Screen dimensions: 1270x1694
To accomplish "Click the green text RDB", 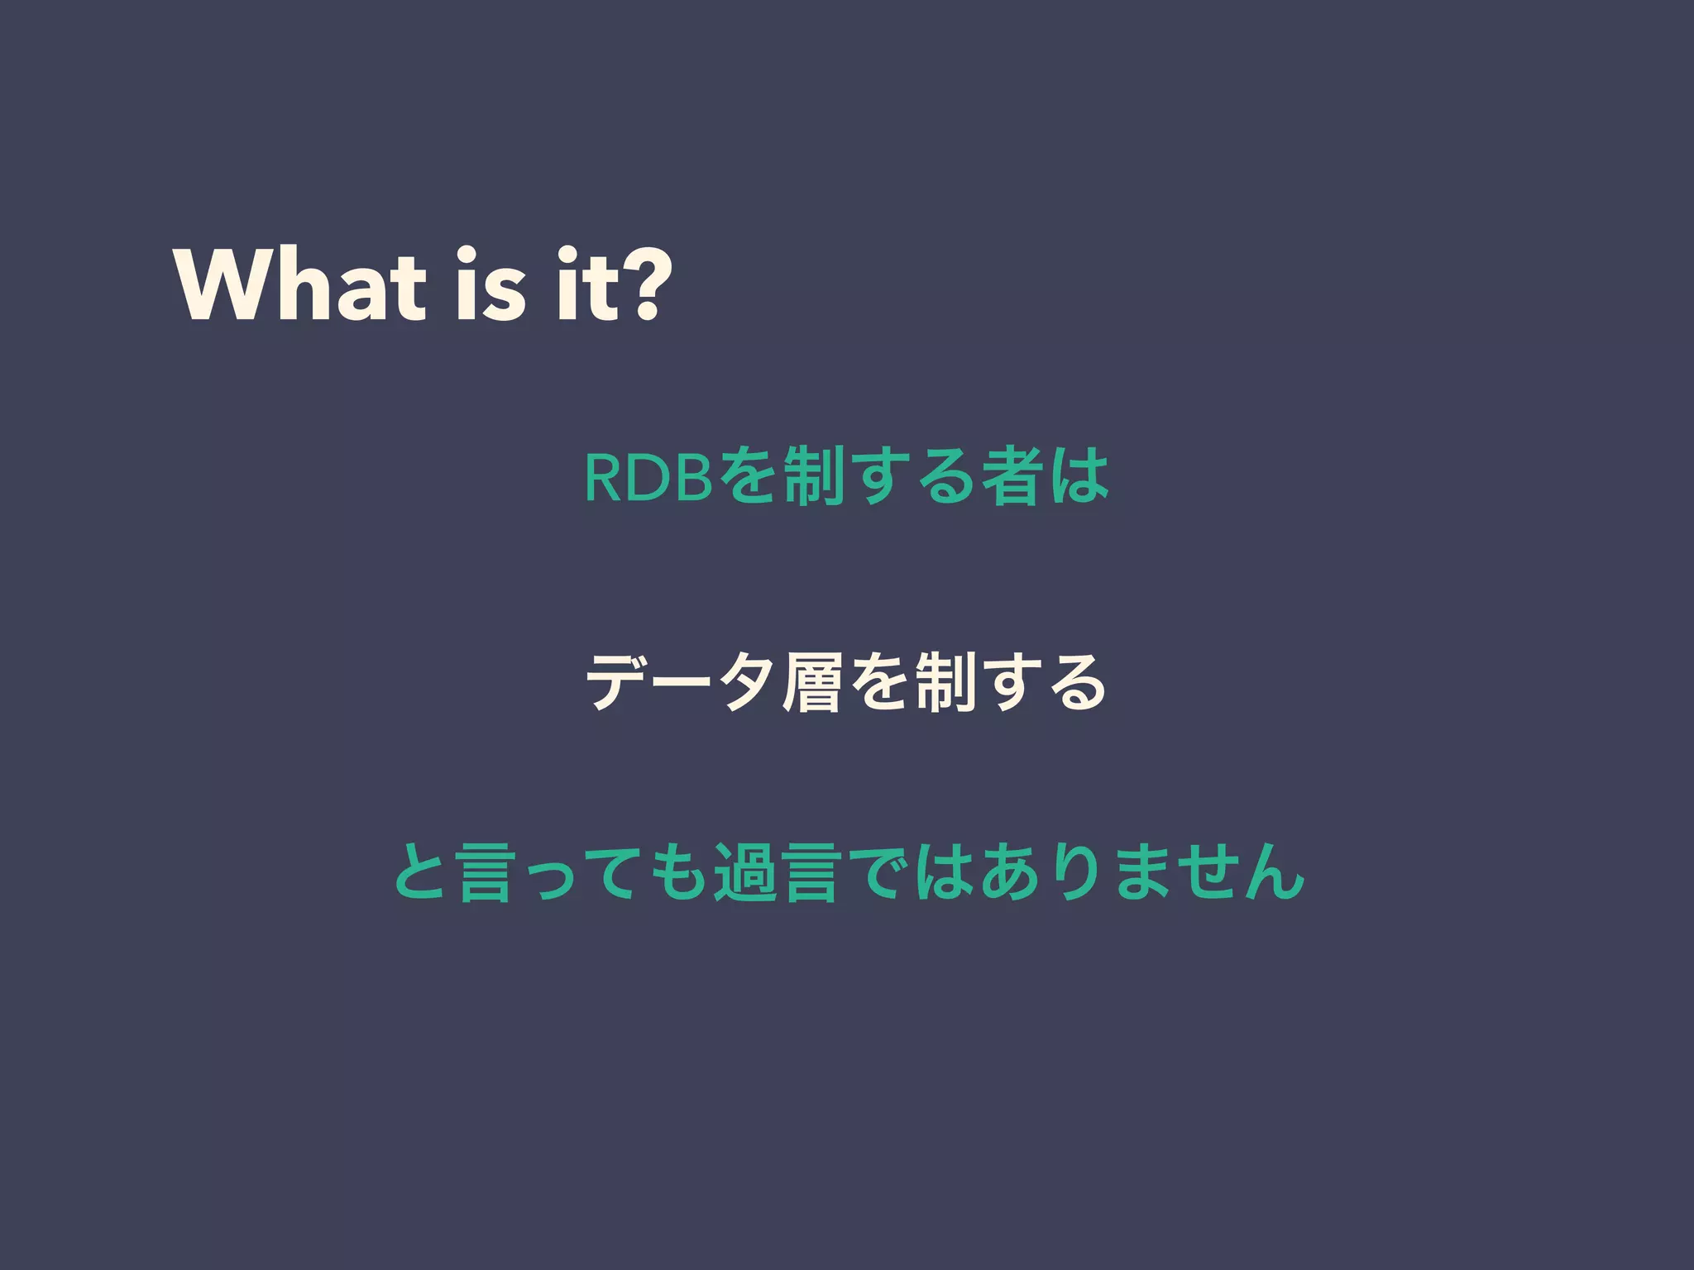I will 648,478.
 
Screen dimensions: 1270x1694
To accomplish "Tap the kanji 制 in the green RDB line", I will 814,477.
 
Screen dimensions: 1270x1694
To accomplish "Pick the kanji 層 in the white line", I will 813,682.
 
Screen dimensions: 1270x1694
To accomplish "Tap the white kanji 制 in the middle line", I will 945,682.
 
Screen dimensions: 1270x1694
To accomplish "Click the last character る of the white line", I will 1077,682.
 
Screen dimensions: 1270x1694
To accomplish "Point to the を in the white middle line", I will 879,682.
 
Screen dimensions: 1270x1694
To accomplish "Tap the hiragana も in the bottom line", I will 681,872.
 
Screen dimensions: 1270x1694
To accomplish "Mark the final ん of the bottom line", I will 1274,872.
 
